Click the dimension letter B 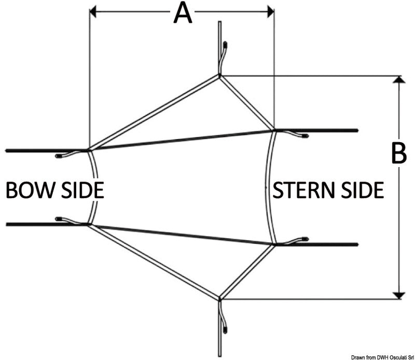click(398, 154)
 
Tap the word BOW click(28, 190)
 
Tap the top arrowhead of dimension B click(398, 80)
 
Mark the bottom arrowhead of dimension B click(398, 295)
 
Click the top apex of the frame click(220, 76)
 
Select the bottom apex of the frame click(220, 299)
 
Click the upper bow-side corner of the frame click(90, 150)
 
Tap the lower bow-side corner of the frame click(90, 224)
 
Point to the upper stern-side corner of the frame click(274, 130)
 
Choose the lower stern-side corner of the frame click(274, 244)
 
